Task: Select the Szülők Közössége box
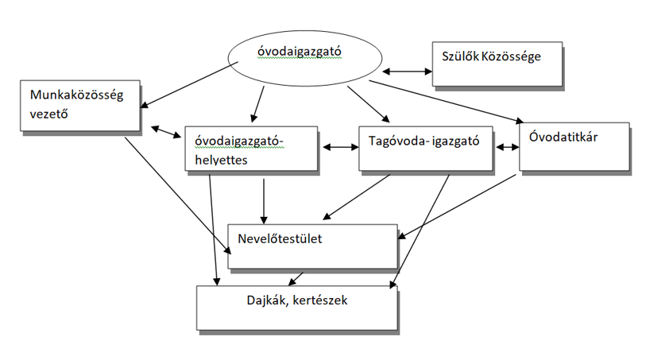pyautogui.click(x=497, y=64)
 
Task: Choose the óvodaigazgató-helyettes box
pyautogui.click(x=252, y=149)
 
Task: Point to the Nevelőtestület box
pyautogui.click(x=312, y=246)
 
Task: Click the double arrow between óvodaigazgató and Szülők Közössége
pyautogui.click(x=406, y=72)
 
